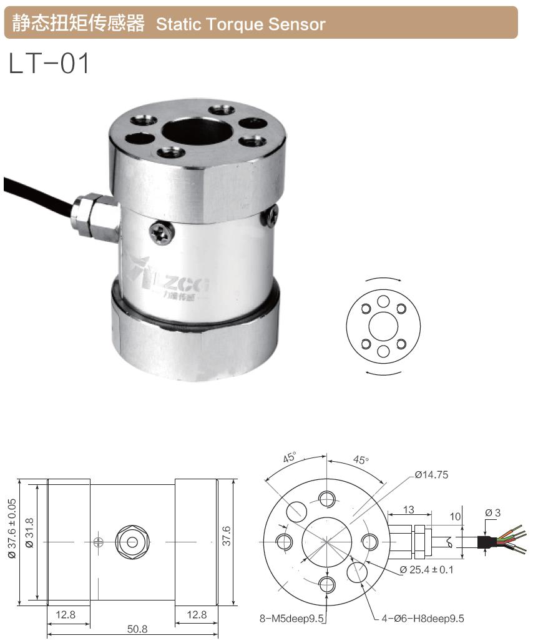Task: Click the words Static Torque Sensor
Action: click(x=240, y=24)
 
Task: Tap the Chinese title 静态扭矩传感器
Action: click(x=74, y=24)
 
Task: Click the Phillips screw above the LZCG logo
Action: click(x=160, y=235)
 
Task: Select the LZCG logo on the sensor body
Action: click(x=174, y=284)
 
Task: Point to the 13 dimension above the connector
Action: click(x=408, y=510)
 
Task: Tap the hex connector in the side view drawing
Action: click(x=132, y=541)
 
